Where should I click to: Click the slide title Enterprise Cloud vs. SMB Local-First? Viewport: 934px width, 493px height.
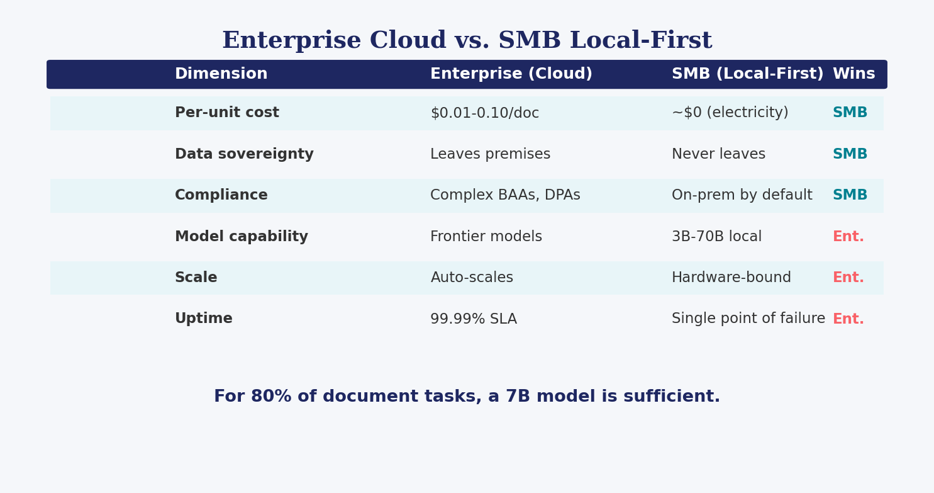(467, 40)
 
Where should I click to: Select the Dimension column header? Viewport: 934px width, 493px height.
(221, 74)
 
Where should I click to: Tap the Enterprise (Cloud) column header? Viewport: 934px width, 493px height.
(511, 74)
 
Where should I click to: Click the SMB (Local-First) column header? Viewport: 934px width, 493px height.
(748, 74)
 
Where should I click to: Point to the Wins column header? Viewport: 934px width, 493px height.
(854, 74)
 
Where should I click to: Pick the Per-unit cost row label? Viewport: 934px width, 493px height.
(227, 113)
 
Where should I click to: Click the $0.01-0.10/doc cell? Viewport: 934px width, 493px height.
(484, 113)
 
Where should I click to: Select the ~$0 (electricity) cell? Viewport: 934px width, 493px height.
(730, 113)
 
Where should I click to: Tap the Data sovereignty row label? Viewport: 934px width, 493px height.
(244, 154)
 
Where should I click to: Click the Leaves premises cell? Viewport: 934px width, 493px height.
(491, 154)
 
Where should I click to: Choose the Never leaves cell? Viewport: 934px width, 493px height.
(718, 154)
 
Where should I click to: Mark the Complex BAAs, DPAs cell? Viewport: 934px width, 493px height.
(505, 195)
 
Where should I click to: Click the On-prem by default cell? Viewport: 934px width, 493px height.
(742, 195)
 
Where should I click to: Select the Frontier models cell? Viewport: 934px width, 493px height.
(486, 236)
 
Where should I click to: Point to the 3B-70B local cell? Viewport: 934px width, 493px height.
(717, 236)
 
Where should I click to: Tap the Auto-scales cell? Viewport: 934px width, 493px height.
(472, 278)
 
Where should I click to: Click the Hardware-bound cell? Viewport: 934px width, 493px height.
(731, 277)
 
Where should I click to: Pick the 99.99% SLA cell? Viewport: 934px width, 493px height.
(474, 319)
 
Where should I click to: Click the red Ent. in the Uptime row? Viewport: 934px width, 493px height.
(848, 319)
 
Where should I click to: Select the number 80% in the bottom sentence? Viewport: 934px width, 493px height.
(271, 396)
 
